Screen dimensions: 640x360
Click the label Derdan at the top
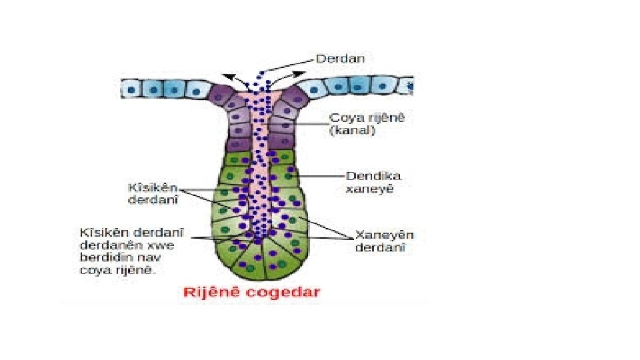pyautogui.click(x=340, y=59)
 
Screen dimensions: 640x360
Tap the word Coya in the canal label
pyautogui.click(x=344, y=119)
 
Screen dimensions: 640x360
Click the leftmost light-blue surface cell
pyautogui.click(x=130, y=87)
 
